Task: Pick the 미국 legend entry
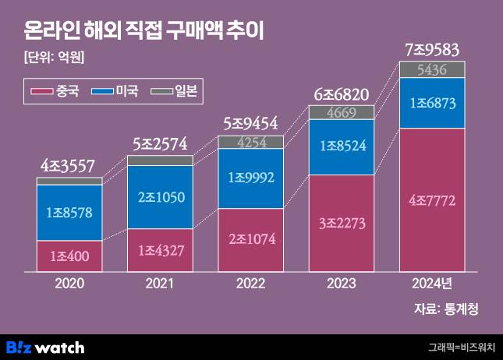[115, 91]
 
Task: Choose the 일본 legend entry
[177, 91]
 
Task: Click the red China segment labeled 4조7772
[432, 200]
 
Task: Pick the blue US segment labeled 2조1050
[160, 197]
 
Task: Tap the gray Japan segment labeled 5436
[432, 70]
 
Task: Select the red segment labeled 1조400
[69, 256]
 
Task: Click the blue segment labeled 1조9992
[251, 178]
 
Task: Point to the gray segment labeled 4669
[342, 112]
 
